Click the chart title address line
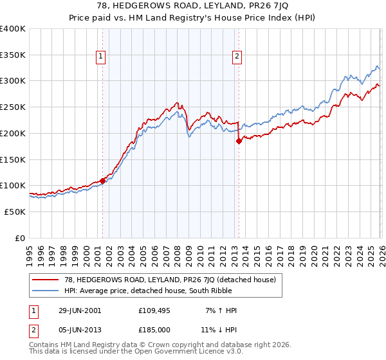coord(192,6)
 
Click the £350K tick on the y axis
coord(13,55)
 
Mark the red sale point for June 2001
coord(102,181)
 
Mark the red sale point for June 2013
coord(239,141)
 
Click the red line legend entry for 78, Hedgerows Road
coord(170,280)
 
